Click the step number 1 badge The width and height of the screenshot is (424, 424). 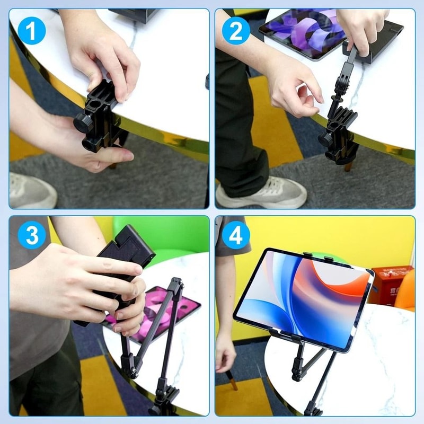point(31,31)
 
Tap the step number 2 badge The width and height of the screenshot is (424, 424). point(236,31)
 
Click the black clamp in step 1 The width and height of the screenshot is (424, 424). point(98,119)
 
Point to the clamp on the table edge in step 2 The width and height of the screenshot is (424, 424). point(339,135)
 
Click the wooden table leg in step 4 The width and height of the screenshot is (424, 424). point(233,381)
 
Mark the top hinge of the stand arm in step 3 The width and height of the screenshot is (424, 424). point(176,284)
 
